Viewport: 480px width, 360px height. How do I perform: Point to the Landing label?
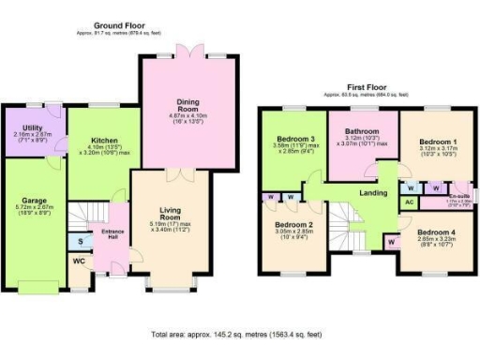tap(374, 194)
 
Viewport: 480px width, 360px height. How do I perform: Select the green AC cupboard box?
tap(409, 202)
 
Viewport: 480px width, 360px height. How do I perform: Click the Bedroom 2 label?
tap(292, 226)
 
